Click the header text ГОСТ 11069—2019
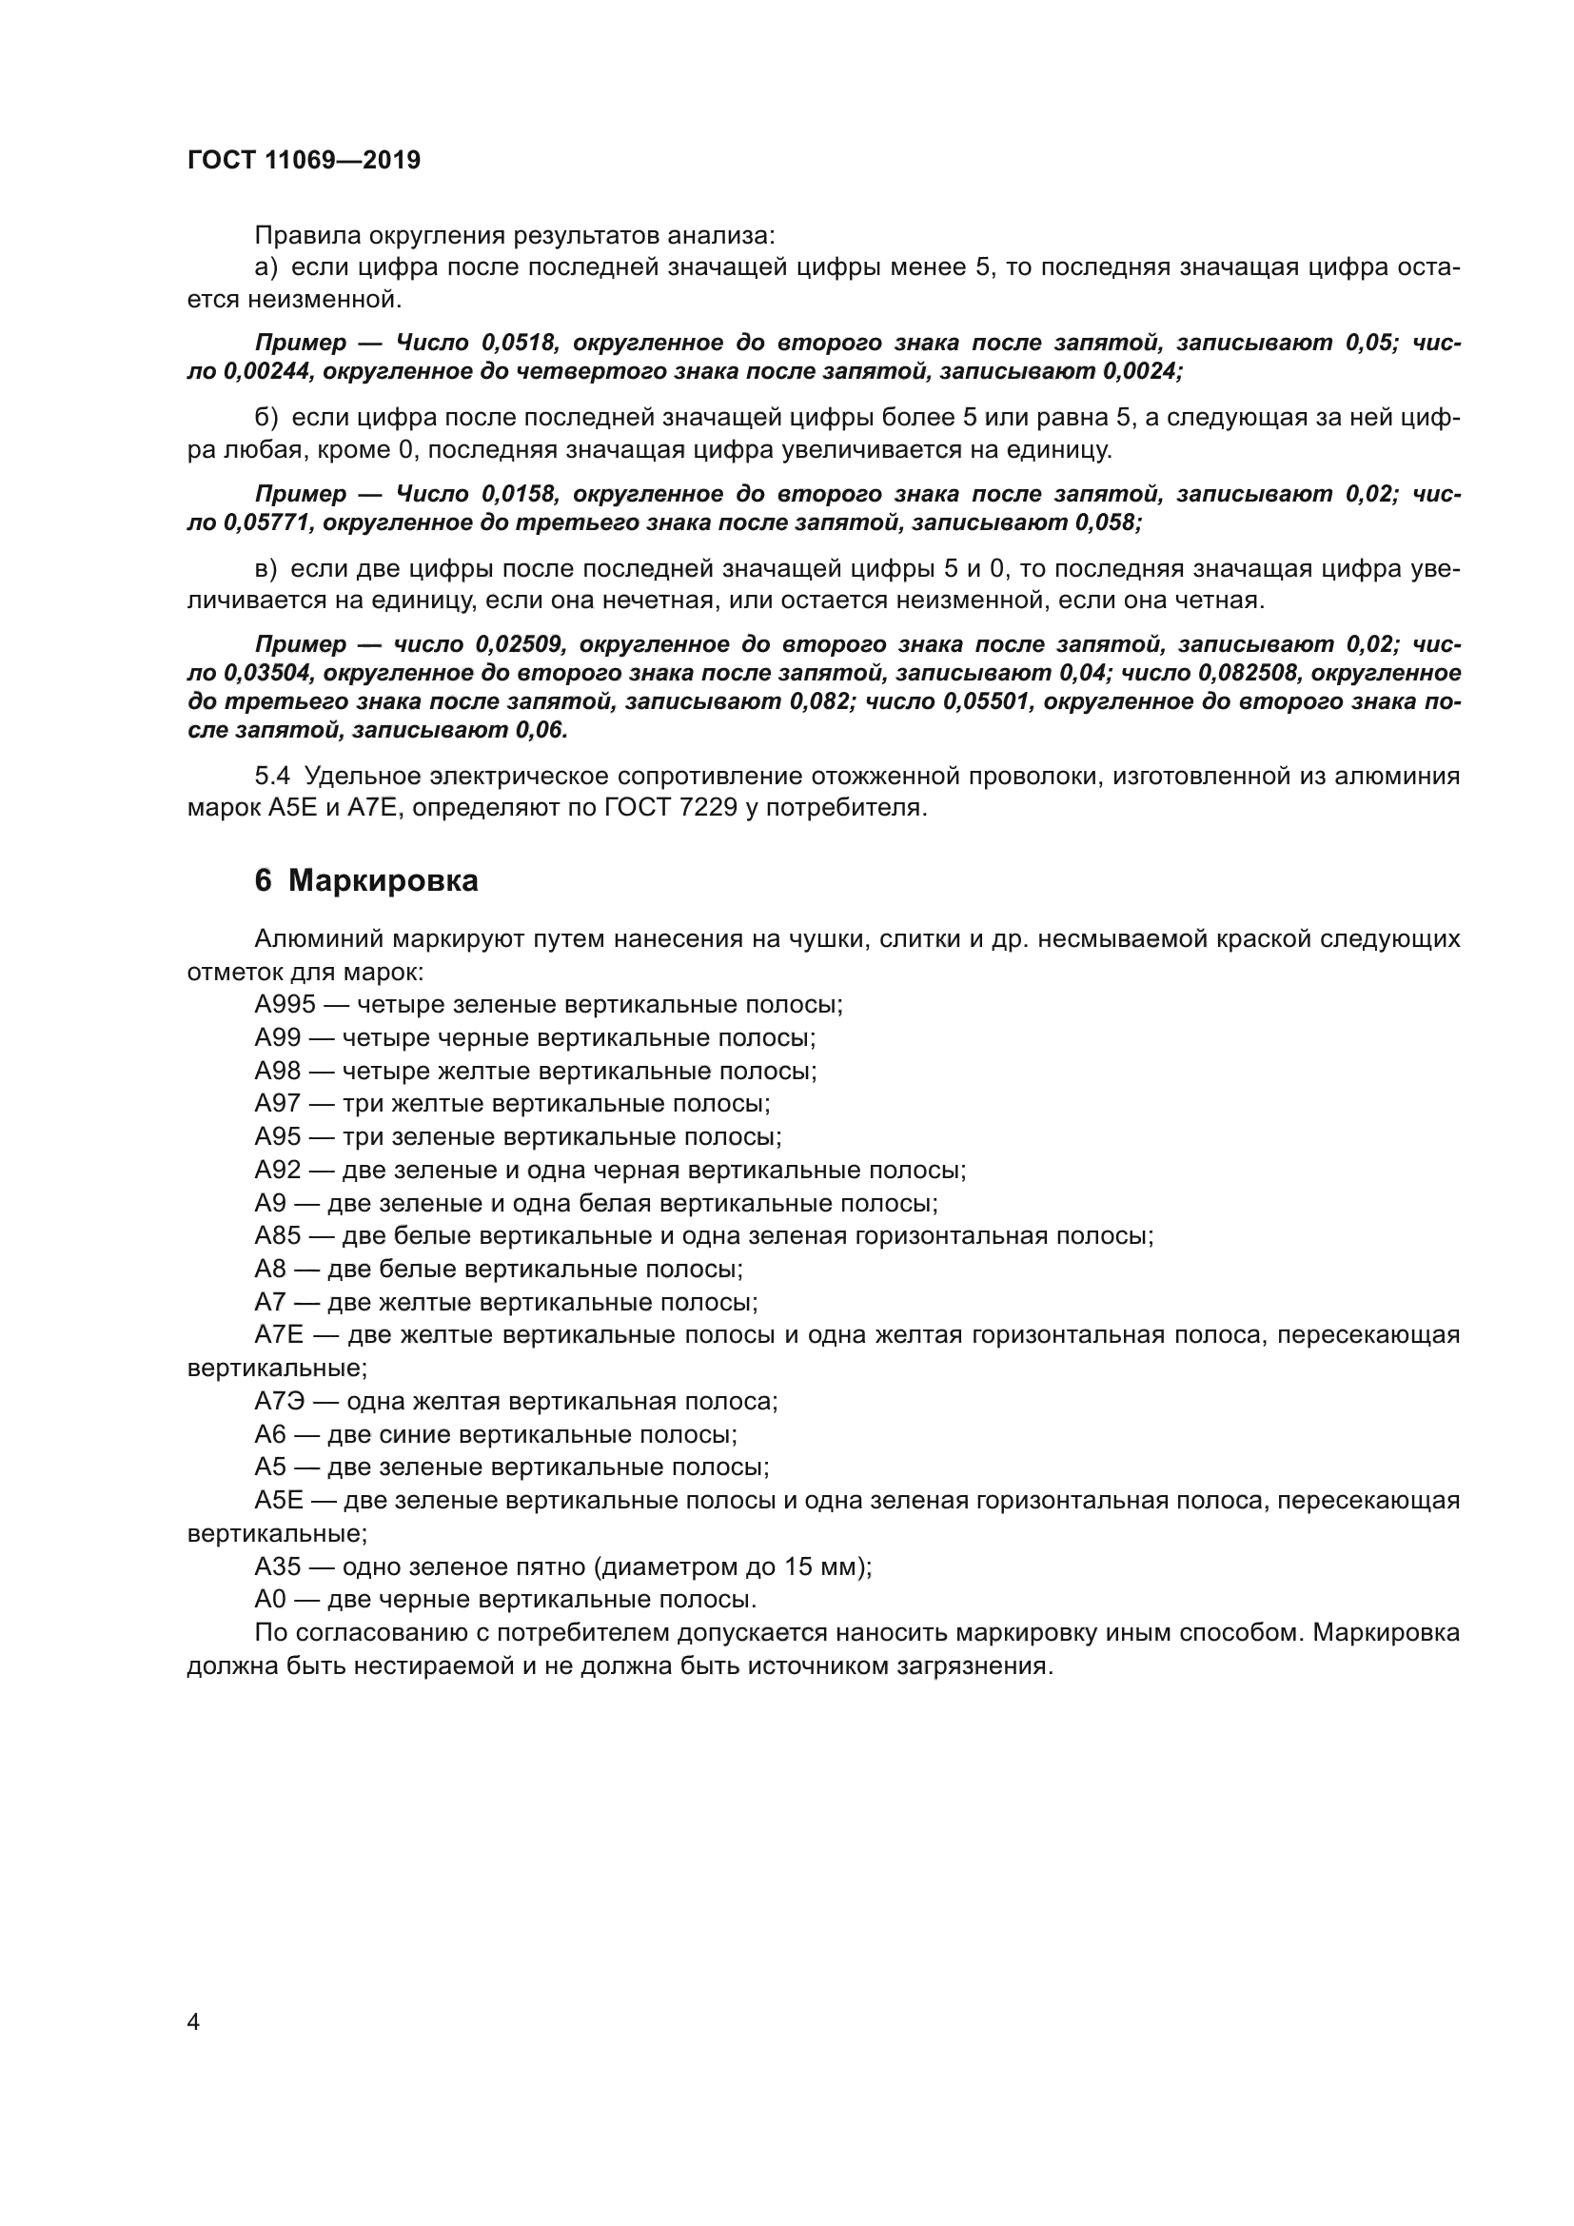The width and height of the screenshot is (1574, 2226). click(304, 160)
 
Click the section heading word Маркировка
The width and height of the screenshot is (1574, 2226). click(383, 880)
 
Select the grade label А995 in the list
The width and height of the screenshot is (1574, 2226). click(285, 1004)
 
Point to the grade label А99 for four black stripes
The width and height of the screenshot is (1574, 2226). click(278, 1037)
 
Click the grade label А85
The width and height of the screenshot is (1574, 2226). click(278, 1235)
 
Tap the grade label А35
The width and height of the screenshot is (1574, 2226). click(278, 1566)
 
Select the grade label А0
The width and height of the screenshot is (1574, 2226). click(270, 1600)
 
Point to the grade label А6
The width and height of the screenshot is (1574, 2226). click(270, 1435)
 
